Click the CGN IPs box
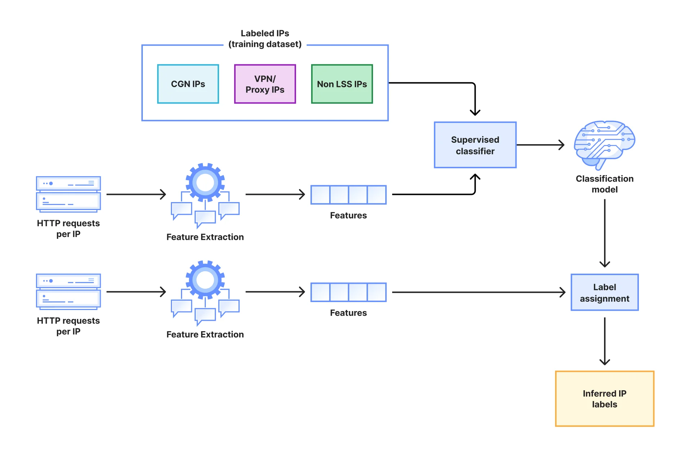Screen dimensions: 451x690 [x=188, y=84]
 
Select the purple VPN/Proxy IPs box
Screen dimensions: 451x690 [x=265, y=84]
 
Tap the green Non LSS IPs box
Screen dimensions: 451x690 [x=342, y=84]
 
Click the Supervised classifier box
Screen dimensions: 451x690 [x=475, y=145]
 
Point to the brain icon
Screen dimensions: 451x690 [x=604, y=144]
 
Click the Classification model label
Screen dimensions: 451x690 [x=604, y=184]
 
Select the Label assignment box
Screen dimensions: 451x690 [x=604, y=292]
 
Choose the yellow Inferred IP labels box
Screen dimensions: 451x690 [x=604, y=398]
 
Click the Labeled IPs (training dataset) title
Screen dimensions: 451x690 [x=265, y=38]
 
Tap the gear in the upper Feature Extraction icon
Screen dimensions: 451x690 [x=205, y=182]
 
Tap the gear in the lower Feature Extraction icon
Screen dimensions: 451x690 [x=205, y=280]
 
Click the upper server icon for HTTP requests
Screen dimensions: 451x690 [x=68, y=193]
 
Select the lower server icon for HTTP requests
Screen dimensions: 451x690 [x=68, y=291]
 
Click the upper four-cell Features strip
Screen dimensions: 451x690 [x=348, y=195]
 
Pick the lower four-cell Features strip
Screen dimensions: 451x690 [x=348, y=292]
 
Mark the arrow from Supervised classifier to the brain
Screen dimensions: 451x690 [x=540, y=145]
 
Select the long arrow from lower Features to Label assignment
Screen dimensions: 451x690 [x=478, y=292]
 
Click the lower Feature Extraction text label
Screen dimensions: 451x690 [x=205, y=334]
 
